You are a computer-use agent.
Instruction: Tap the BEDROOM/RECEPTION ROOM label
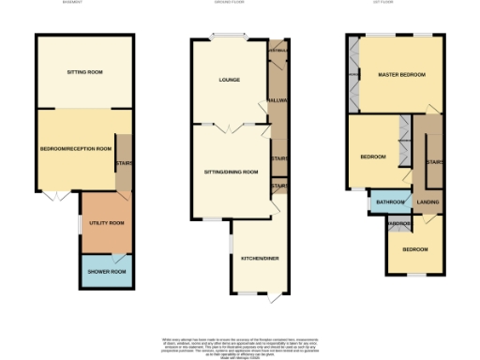click(x=75, y=148)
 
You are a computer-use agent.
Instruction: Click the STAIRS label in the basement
click(x=125, y=160)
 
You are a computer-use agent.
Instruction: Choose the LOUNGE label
click(x=229, y=81)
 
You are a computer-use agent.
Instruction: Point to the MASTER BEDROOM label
click(x=401, y=74)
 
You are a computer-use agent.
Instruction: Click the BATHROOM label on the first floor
click(x=389, y=202)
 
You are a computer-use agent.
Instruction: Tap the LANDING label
click(x=428, y=202)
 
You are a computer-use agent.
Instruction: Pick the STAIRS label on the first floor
click(x=434, y=162)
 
